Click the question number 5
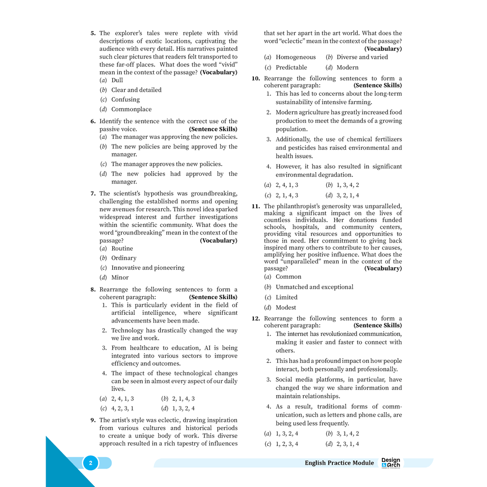[93, 34]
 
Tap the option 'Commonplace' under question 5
[131, 109]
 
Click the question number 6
[93, 122]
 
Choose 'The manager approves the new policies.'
[166, 164]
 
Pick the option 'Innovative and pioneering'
[147, 268]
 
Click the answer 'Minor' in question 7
[120, 278]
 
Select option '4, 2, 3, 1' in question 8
[122, 409]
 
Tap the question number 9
[93, 420]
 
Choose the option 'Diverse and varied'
[362, 57]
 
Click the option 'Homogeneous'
[295, 57]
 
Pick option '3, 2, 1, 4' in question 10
[348, 195]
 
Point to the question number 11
[256, 206]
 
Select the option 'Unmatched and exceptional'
[314, 287]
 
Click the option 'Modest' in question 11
[286, 308]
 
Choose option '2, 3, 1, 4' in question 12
[348, 444]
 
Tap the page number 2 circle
[90, 463]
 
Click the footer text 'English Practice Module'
[339, 463]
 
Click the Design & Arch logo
[391, 463]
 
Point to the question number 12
[256, 319]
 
